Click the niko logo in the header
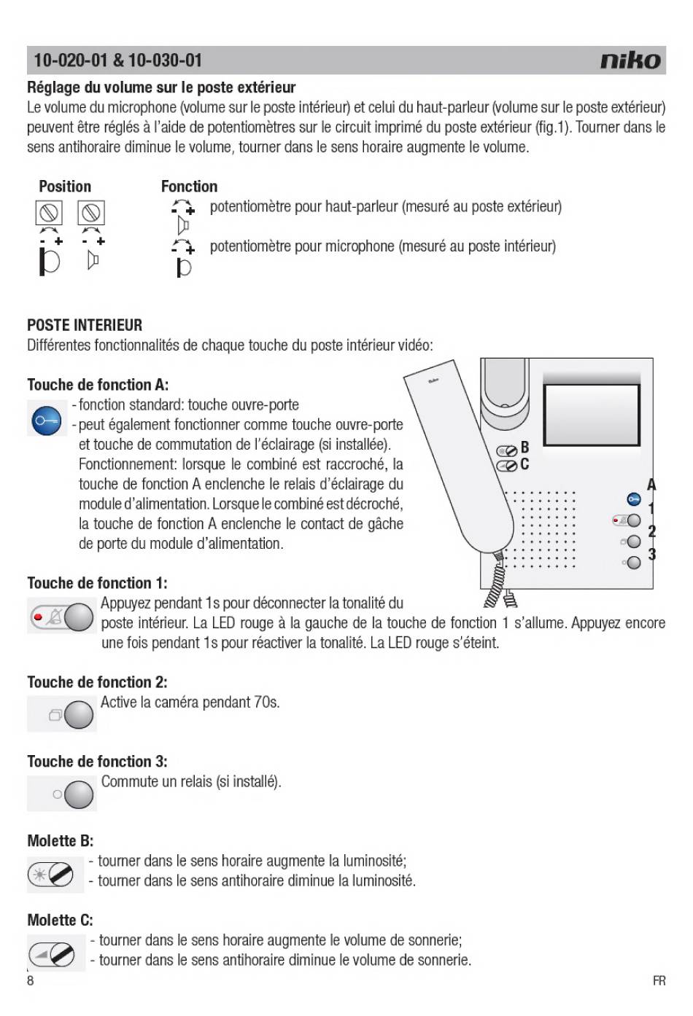click(x=631, y=60)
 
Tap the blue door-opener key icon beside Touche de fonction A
click(x=47, y=421)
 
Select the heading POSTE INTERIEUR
click(x=85, y=325)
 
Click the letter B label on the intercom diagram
click(x=524, y=447)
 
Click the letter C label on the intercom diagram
click(x=524, y=464)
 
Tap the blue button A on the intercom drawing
click(x=633, y=499)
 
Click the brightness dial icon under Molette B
click(x=51, y=873)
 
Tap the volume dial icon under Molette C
click(x=51, y=953)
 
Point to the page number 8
click(x=31, y=980)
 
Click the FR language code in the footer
click(x=659, y=981)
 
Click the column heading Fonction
click(x=189, y=187)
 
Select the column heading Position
click(x=65, y=187)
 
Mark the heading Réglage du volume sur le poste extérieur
click(x=161, y=87)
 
